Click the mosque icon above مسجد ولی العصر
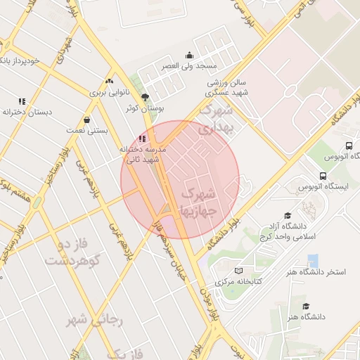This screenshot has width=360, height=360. [x=188, y=56]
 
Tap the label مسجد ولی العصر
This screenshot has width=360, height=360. [x=188, y=66]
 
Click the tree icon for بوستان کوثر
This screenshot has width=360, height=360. [x=146, y=97]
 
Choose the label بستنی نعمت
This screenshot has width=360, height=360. [x=85, y=131]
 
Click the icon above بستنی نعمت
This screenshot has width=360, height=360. [x=86, y=120]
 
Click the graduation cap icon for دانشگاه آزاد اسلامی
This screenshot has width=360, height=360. [x=287, y=215]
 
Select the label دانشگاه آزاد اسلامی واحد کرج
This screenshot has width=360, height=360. [x=286, y=231]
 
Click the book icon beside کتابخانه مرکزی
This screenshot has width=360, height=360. [x=238, y=271]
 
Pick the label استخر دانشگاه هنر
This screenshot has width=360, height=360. [x=312, y=272]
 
